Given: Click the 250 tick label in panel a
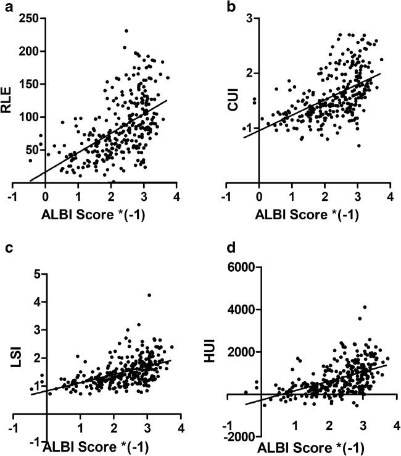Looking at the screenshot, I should tap(27, 19).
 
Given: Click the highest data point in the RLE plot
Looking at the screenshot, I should tap(126, 30).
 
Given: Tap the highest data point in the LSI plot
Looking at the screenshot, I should tap(149, 295).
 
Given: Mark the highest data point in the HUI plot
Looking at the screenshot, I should tap(365, 307).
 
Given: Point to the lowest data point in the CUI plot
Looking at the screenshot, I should tap(358, 146).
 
